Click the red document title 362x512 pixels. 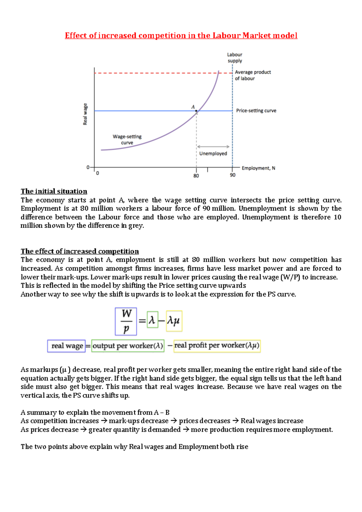pyautogui.click(x=181, y=36)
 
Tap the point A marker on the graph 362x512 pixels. pyautogui.click(x=196, y=111)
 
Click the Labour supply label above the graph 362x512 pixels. pyautogui.click(x=235, y=58)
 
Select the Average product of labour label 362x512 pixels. pyautogui.click(x=252, y=75)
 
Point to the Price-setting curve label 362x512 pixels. pyautogui.click(x=256, y=111)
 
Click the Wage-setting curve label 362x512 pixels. pyautogui.click(x=127, y=140)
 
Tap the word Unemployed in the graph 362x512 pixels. pyautogui.click(x=213, y=153)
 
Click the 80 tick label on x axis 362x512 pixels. pyautogui.click(x=196, y=176)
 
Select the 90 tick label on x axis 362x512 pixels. pyautogui.click(x=233, y=175)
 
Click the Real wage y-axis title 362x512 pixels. pyautogui.click(x=85, y=114)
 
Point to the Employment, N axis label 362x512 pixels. pyautogui.click(x=258, y=168)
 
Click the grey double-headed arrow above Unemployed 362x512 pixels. pyautogui.click(x=213, y=147)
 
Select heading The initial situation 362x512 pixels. pyautogui.click(x=54, y=191)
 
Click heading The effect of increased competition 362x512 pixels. pyautogui.click(x=80, y=251)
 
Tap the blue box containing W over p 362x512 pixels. pyautogui.click(x=126, y=321)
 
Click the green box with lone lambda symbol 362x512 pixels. pyautogui.click(x=152, y=320)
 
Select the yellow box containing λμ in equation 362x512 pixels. pyautogui.click(x=174, y=321)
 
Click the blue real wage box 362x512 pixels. pyautogui.click(x=66, y=346)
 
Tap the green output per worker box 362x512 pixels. pyautogui.click(x=128, y=346)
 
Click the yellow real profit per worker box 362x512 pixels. pyautogui.click(x=217, y=346)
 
